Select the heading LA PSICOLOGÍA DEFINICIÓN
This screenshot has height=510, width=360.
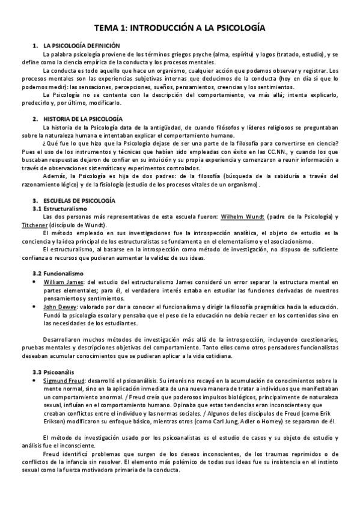pyautogui.click(x=82, y=46)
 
